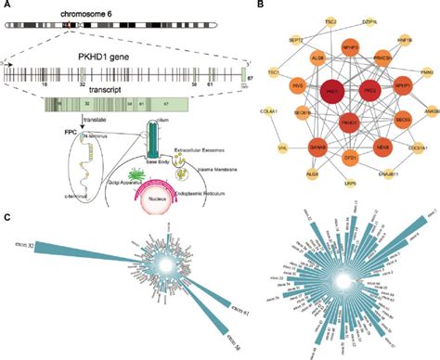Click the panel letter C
click(7, 218)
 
